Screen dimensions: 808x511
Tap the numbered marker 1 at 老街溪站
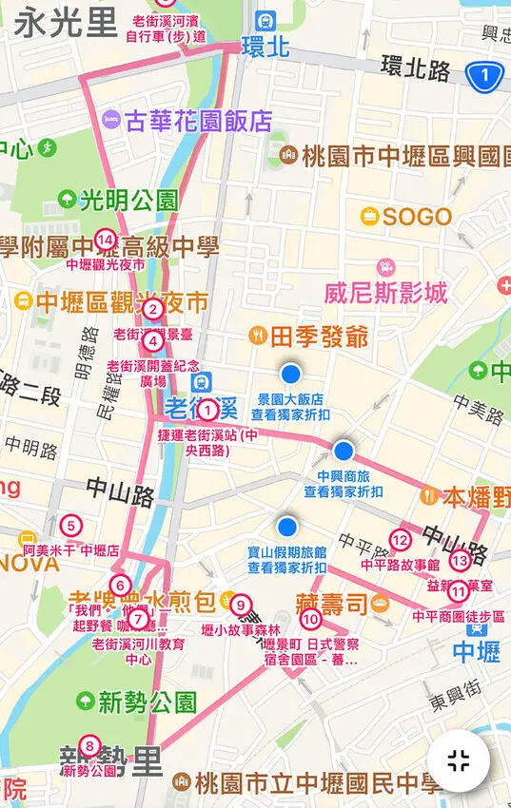[208, 411]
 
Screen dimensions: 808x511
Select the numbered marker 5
[69, 524]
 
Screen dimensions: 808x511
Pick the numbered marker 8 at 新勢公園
[89, 746]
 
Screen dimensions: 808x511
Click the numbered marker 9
[241, 604]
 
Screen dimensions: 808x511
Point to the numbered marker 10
[309, 620]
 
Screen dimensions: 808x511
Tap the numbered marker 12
[401, 541]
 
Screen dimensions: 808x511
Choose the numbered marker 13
[460, 561]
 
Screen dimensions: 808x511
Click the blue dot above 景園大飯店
[290, 373]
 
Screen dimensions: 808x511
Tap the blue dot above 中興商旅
[344, 450]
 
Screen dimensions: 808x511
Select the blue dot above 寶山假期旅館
[287, 526]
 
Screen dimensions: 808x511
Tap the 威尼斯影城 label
[385, 293]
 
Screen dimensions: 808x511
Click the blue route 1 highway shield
[484, 74]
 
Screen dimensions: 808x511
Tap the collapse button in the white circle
[459, 760]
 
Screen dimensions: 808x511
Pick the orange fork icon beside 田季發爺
[256, 336]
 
